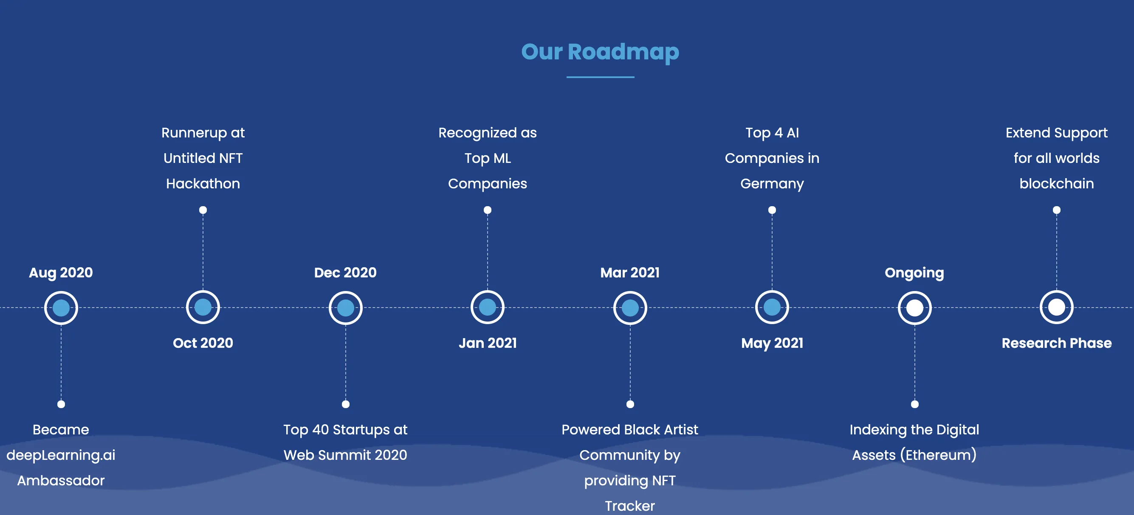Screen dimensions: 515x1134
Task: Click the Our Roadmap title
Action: pyautogui.click(x=600, y=52)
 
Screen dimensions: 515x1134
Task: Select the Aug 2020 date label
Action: pyautogui.click(x=61, y=273)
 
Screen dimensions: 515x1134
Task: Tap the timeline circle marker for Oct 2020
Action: pyautogui.click(x=203, y=308)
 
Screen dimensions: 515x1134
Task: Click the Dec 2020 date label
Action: pyautogui.click(x=345, y=273)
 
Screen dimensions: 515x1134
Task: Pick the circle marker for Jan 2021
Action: pyautogui.click(x=487, y=308)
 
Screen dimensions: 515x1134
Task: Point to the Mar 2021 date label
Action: pyautogui.click(x=630, y=273)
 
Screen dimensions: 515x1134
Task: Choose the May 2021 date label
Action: pyautogui.click(x=772, y=343)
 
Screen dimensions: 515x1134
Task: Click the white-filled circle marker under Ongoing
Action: pyautogui.click(x=914, y=308)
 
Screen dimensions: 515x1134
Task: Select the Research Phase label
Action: pyautogui.click(x=1057, y=343)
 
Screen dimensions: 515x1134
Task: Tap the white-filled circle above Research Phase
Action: pyautogui.click(x=1057, y=308)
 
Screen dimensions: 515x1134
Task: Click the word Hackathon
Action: pyautogui.click(x=203, y=183)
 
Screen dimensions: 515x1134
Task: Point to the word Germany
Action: pyautogui.click(x=772, y=183)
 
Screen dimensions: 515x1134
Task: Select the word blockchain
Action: pyautogui.click(x=1057, y=183)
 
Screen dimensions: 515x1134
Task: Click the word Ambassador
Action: pyautogui.click(x=61, y=480)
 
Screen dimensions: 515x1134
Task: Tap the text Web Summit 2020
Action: pyautogui.click(x=345, y=455)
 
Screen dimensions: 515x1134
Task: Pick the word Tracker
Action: pyautogui.click(x=630, y=506)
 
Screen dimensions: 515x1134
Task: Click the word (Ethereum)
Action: pyautogui.click(x=938, y=455)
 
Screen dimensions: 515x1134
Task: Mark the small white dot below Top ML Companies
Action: pyautogui.click(x=487, y=210)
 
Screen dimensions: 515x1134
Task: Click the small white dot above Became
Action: pyautogui.click(x=61, y=404)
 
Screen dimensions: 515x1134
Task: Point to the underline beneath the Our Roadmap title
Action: pyautogui.click(x=600, y=77)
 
